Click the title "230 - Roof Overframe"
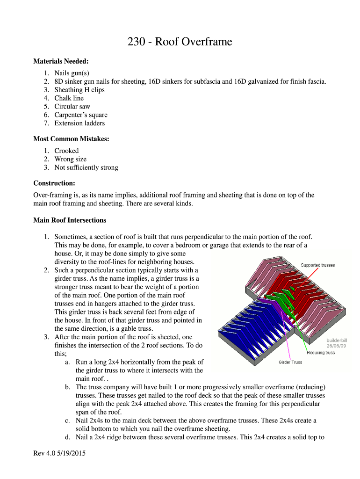pos(180,42)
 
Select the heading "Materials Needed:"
pos(61,61)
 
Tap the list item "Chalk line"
pos(69,98)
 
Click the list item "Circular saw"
pos(72,107)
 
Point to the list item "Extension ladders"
pos(79,123)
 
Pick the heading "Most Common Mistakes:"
pos(71,139)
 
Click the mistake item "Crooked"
pos(66,151)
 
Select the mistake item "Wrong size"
pos(70,159)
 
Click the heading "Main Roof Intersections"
pos(70,220)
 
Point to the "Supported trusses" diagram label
pos(317,265)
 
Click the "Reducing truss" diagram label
pos(321,352)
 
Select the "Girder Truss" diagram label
pos(290,362)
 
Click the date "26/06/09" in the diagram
pos(336,346)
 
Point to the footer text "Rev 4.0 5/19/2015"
pos(59,454)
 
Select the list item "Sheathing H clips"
pos(79,90)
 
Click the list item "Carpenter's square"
pos(80,115)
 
